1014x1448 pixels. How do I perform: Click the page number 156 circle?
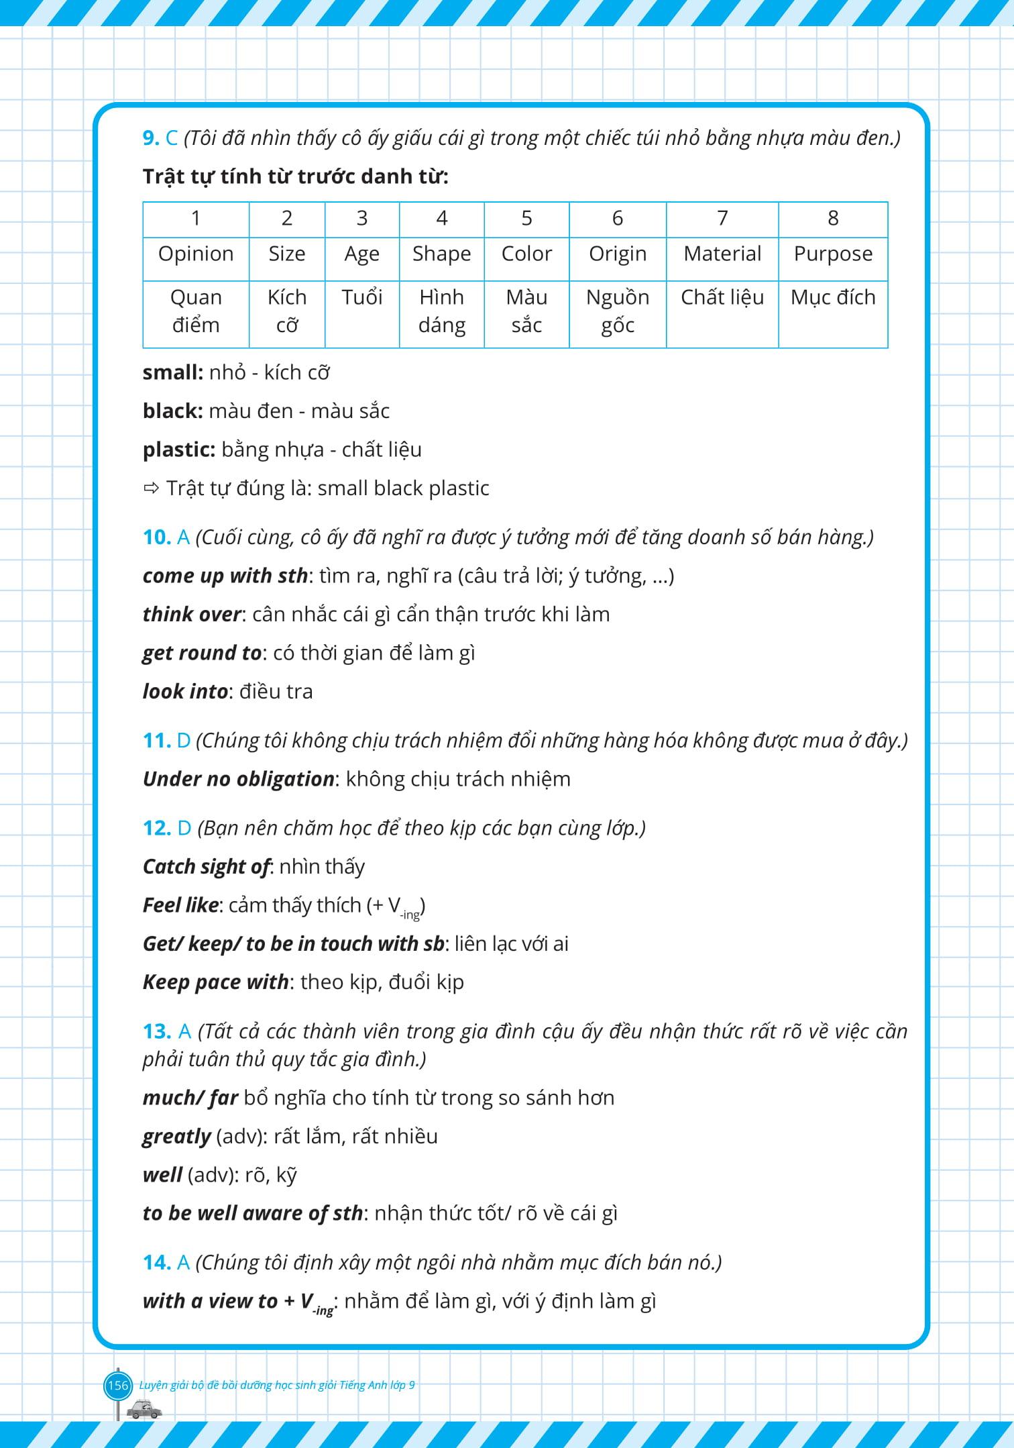[117, 1384]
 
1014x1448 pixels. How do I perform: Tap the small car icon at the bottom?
[144, 1408]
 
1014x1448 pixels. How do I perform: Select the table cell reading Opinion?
[196, 254]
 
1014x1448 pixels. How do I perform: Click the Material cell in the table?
[722, 254]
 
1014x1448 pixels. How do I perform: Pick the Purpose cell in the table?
[833, 254]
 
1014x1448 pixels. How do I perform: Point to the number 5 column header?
[526, 218]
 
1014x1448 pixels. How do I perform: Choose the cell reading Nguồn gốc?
[618, 311]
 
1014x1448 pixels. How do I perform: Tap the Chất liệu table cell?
[722, 297]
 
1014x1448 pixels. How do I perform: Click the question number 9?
[150, 138]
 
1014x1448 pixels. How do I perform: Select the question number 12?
[157, 828]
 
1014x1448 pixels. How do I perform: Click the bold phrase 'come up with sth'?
[225, 576]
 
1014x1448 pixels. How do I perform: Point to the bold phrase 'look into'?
[185, 691]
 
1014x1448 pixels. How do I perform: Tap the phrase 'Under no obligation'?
[238, 779]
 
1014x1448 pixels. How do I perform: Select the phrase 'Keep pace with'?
[215, 982]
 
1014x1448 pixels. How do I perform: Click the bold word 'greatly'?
[177, 1137]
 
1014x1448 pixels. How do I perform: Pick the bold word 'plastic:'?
[178, 450]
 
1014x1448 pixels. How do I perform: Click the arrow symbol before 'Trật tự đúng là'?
[150, 488]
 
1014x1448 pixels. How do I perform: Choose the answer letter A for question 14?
[183, 1263]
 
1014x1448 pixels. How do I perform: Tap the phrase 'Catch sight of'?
[205, 867]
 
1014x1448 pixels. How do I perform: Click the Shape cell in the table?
[441, 254]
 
